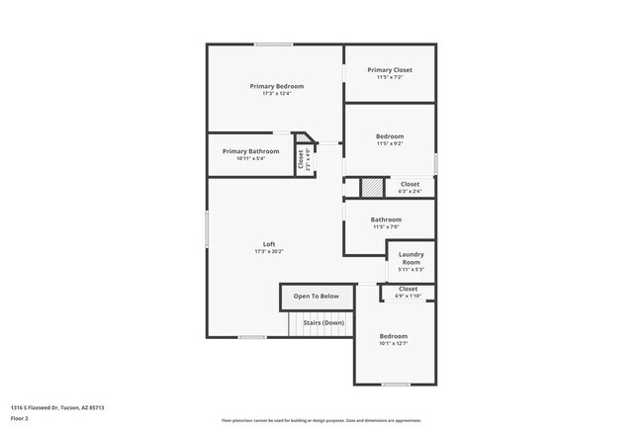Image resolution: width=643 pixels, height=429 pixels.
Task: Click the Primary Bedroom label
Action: pos(276,86)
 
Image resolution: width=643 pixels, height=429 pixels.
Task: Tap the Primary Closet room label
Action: pos(390,70)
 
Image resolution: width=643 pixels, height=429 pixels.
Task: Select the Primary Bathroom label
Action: pos(250,151)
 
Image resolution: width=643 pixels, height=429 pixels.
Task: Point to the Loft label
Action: pos(268,244)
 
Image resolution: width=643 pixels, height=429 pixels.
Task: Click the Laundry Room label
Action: pos(411,258)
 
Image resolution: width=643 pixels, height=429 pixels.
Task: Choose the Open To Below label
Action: pos(317,296)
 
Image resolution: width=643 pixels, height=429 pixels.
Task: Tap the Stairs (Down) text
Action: pos(323,322)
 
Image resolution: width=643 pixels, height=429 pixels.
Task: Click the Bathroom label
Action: pos(386,219)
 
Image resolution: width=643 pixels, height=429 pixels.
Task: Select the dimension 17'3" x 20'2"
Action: pos(268,252)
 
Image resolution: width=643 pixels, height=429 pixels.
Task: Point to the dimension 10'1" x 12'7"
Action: pos(393,344)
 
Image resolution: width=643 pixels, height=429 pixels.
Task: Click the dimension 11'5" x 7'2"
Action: pos(390,77)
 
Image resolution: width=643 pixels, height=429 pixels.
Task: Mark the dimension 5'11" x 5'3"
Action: pos(411,269)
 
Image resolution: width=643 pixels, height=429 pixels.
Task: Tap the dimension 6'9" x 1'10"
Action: pos(409,296)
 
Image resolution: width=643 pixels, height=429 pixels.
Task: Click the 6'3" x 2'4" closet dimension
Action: pos(410,191)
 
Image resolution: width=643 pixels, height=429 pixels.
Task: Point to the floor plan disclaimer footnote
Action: pos(321,419)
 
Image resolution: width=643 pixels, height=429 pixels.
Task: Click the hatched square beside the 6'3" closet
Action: pos(370,186)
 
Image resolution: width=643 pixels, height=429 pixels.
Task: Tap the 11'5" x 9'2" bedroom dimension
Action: pos(390,143)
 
